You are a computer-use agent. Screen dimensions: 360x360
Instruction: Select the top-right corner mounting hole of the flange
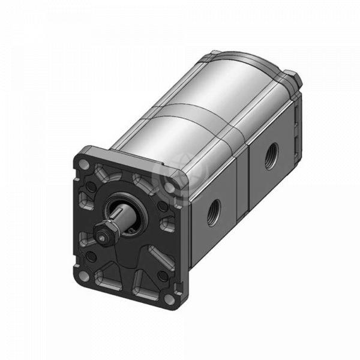[x=171, y=187]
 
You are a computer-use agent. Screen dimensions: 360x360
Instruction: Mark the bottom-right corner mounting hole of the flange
[x=170, y=298]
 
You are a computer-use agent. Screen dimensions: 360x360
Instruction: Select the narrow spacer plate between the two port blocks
[x=242, y=180]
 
